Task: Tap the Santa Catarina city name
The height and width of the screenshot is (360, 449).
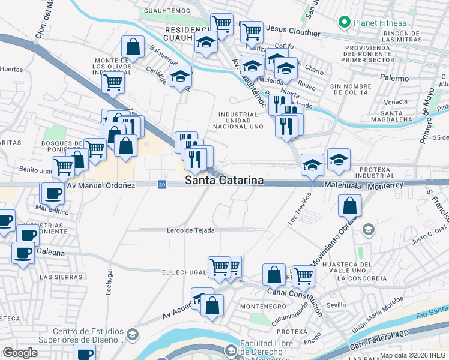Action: click(224, 180)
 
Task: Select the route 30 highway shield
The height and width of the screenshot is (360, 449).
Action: click(163, 185)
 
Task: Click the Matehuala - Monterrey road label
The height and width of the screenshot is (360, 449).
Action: click(364, 185)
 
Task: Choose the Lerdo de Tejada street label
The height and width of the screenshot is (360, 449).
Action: click(191, 230)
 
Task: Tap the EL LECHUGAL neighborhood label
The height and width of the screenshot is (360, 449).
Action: click(184, 272)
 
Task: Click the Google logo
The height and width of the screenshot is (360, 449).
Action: click(20, 353)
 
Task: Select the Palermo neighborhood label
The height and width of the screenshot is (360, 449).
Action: click(394, 79)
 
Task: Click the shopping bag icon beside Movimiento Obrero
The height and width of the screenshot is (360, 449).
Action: click(349, 206)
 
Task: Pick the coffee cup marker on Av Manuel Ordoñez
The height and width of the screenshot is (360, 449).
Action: click(53, 193)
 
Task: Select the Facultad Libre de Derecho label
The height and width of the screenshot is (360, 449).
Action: click(267, 348)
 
